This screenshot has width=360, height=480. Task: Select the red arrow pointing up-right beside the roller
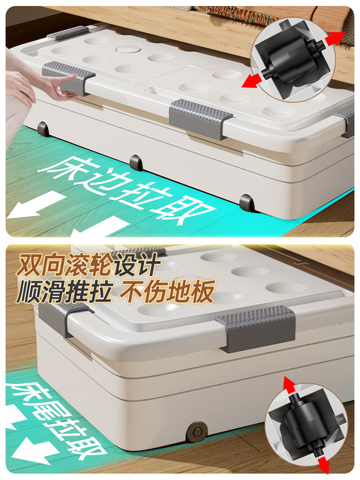coord(334,38)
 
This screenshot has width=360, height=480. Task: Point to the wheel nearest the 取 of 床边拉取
coord(245,201)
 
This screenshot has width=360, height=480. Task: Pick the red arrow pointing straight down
coord(323,464)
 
